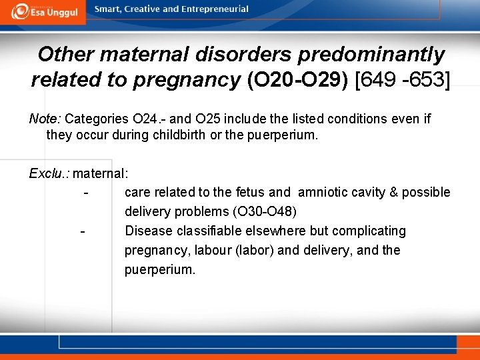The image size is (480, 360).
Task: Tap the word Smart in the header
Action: click(108, 9)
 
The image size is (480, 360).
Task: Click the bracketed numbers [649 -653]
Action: click(403, 81)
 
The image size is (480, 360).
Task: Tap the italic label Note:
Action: click(45, 119)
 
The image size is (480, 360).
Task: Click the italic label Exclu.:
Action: click(49, 173)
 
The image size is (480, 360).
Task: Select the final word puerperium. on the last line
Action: click(160, 270)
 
